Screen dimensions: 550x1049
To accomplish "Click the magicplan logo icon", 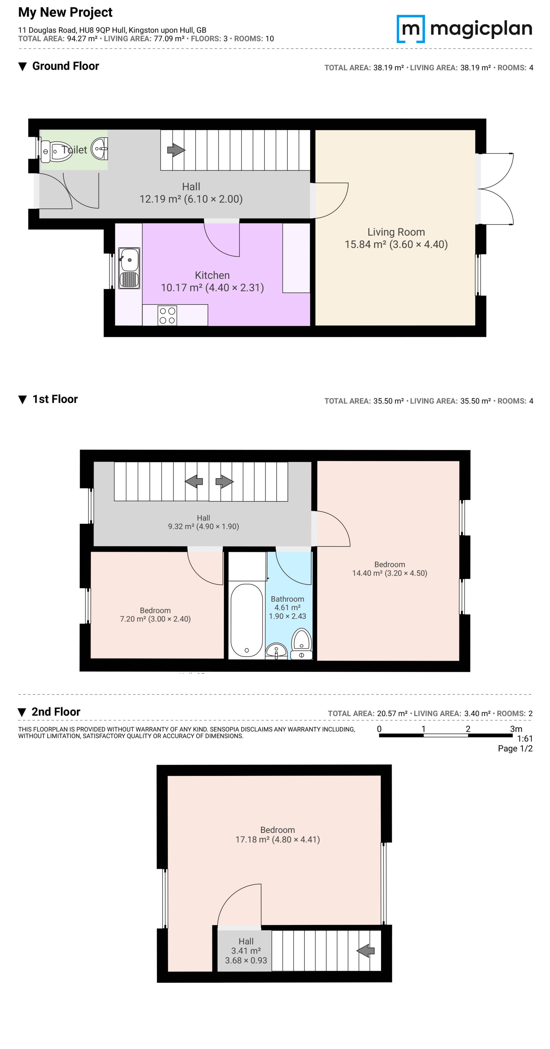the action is (411, 29).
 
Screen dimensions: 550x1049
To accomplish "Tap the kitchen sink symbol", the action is (129, 268).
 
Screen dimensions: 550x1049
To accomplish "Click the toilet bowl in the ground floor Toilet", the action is (57, 151).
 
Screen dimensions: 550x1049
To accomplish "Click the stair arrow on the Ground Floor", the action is (176, 150).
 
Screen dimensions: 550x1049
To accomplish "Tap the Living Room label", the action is (396, 232).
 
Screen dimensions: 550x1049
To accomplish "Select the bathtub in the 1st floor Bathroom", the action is (246, 621).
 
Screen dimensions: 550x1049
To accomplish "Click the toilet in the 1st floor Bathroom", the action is (302, 644).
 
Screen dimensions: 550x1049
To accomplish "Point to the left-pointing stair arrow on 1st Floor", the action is (194, 481).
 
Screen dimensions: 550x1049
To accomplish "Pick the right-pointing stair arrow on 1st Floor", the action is (225, 481).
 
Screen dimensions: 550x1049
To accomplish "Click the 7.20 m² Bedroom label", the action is (155, 614).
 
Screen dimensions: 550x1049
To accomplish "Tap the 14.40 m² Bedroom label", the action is (389, 569).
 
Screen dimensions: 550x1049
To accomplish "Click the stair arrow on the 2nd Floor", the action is (366, 950).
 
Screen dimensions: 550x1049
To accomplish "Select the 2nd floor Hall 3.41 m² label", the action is (246, 950).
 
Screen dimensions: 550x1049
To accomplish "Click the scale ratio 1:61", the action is (525, 738).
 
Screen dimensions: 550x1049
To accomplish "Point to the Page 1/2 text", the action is (515, 749).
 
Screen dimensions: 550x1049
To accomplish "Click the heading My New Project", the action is (65, 12).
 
